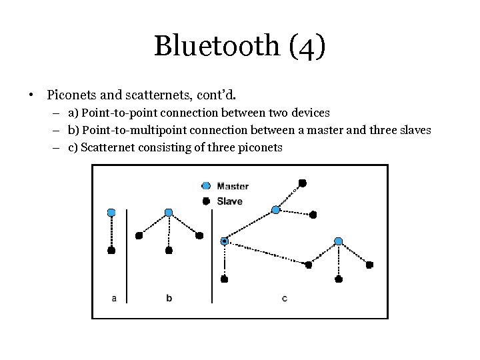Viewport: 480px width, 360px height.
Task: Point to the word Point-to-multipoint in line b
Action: coord(129,130)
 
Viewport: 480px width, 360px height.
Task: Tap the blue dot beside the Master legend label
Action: coord(206,186)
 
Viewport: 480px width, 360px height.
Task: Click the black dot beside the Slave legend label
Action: coord(206,201)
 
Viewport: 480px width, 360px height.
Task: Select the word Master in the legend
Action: coord(233,186)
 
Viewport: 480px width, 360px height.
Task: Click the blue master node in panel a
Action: coord(111,213)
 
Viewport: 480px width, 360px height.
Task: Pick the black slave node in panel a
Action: coord(111,251)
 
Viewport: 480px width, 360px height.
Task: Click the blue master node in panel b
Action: coord(169,213)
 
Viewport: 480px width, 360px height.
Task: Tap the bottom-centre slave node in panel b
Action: coord(169,251)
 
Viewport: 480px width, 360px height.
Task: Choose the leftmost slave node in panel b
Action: coord(139,235)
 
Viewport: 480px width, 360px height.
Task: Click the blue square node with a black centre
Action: coord(225,241)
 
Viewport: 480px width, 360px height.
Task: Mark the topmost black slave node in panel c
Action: coord(302,182)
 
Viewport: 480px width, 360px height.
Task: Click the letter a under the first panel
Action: coord(114,298)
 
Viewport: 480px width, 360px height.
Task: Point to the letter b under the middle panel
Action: coord(169,298)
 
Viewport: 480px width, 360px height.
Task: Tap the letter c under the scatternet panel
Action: coord(285,298)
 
